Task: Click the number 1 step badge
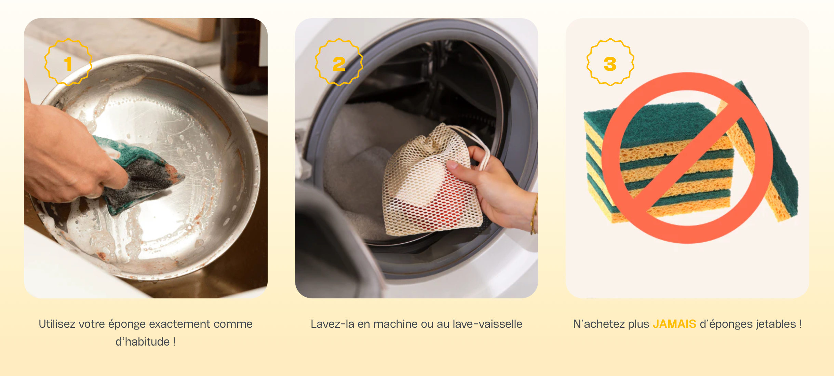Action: tap(68, 62)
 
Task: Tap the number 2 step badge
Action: tap(339, 62)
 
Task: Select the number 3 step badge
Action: tap(610, 62)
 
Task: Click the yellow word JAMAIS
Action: tap(674, 324)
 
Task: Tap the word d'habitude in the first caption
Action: tap(143, 342)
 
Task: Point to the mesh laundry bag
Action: tap(432, 181)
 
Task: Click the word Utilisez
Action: tap(56, 324)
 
